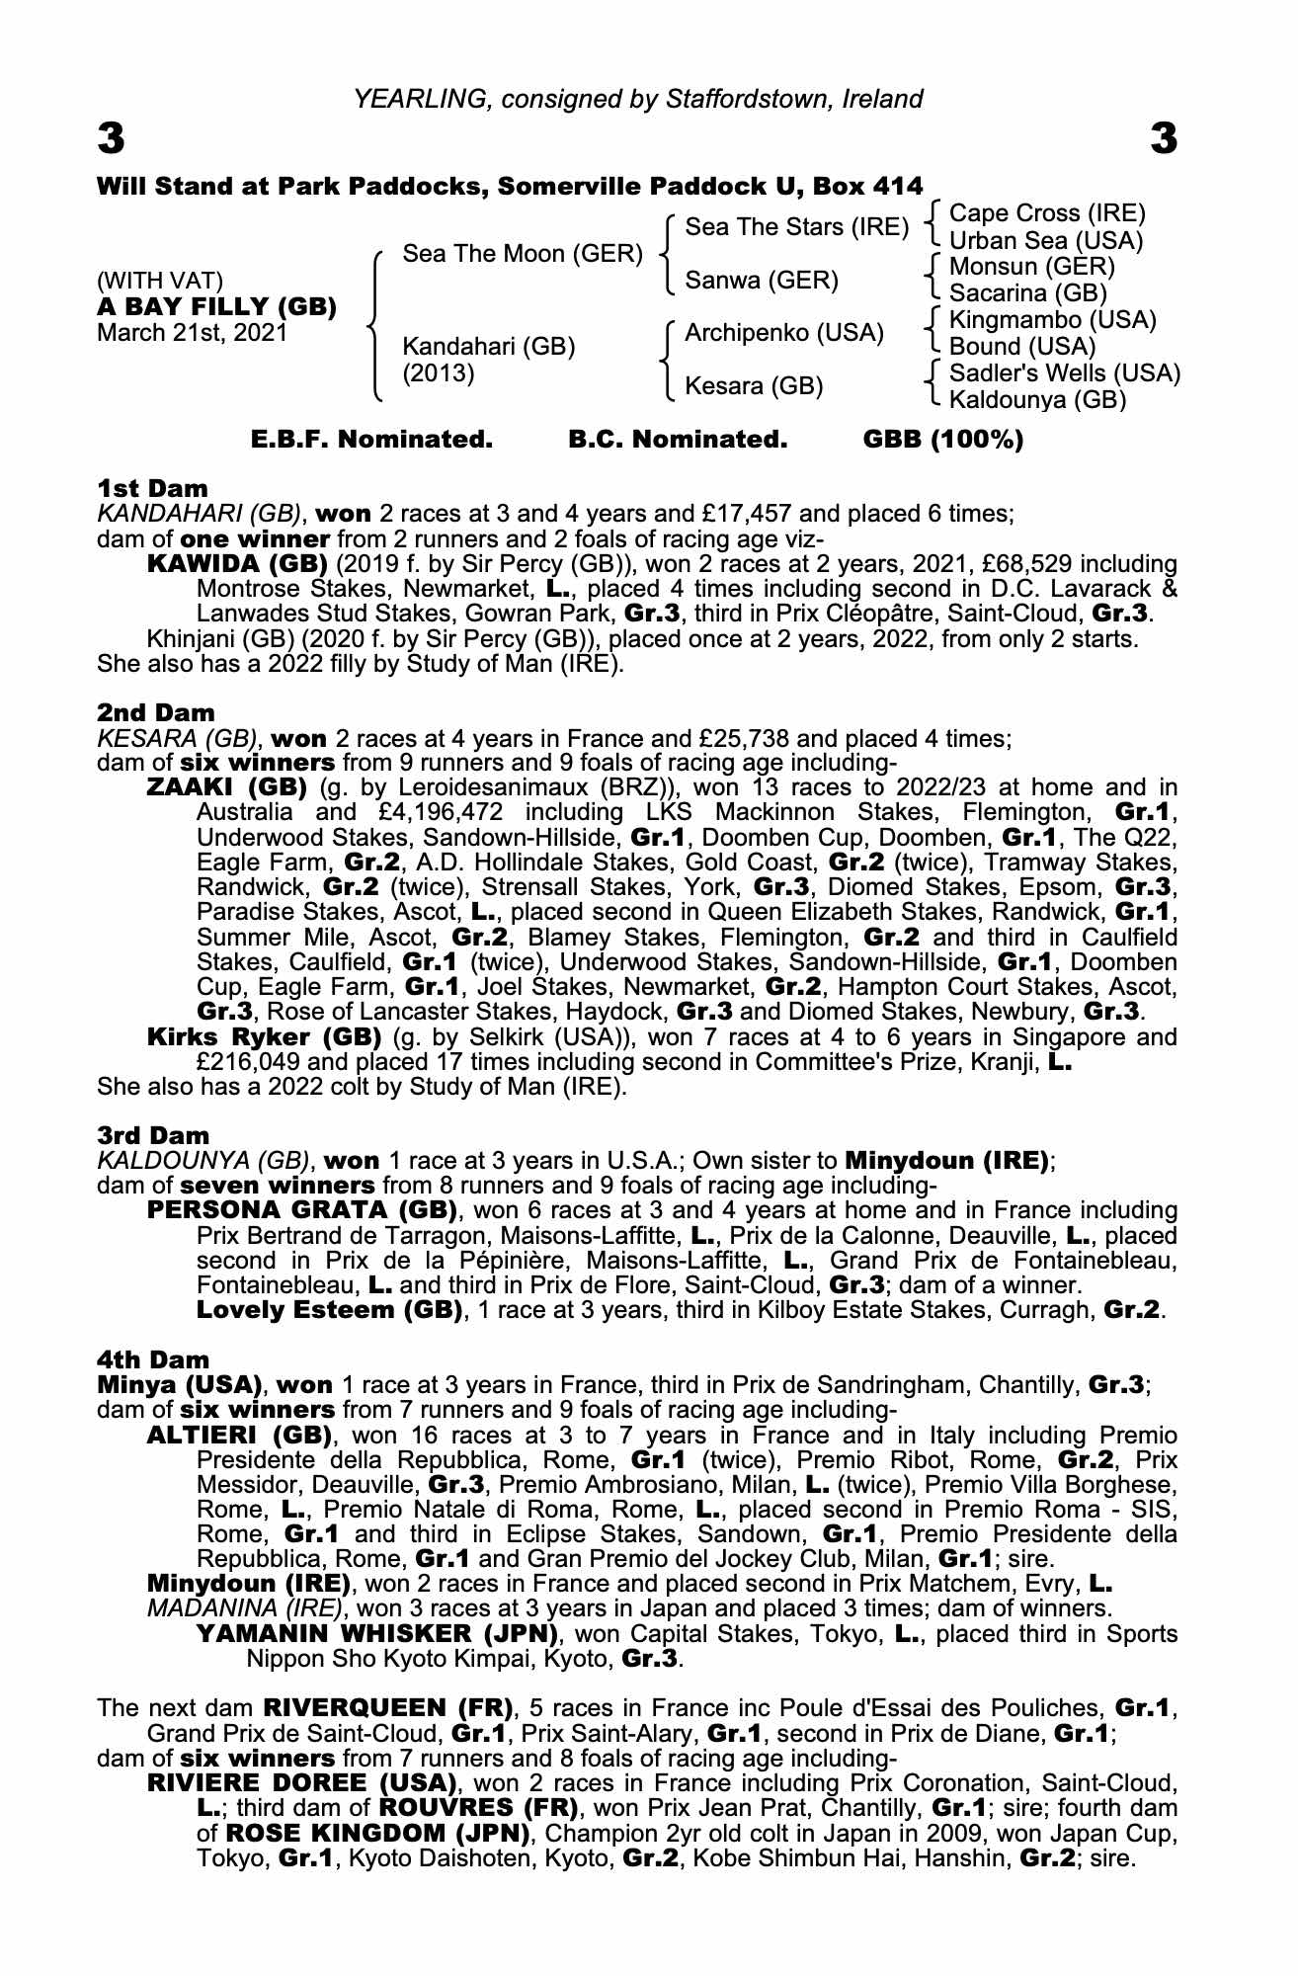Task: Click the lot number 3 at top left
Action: tap(111, 139)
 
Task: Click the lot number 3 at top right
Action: tap(1164, 139)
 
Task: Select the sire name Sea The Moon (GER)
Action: tap(523, 254)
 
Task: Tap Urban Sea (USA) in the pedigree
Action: tap(1045, 240)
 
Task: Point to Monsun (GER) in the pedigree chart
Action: tap(1031, 267)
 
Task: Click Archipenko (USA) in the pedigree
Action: tap(783, 333)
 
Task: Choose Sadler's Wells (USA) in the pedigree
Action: tap(1064, 373)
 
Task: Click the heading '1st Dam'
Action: tap(153, 488)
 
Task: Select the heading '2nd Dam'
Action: tap(156, 711)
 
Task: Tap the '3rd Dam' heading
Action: tap(154, 1135)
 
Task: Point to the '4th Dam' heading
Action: tap(154, 1359)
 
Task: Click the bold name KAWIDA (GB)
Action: tap(237, 564)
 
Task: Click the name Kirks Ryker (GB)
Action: tap(264, 1037)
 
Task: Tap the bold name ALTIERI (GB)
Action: tap(238, 1435)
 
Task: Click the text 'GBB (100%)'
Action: tap(943, 440)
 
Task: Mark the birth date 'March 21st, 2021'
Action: tap(192, 332)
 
